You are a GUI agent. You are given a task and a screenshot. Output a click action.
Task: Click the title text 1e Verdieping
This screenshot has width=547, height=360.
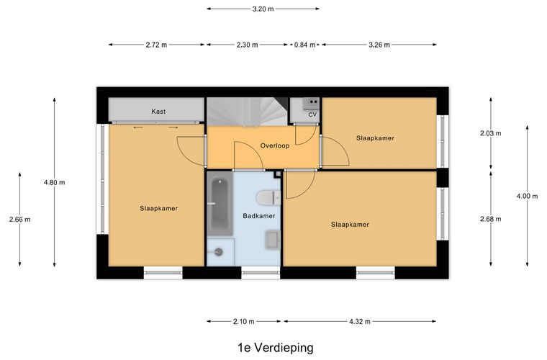coord(276,348)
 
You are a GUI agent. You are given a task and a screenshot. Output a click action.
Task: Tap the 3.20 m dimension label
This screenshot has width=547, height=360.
coord(263,9)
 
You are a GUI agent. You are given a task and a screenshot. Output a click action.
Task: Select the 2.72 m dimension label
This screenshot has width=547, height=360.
coord(156,45)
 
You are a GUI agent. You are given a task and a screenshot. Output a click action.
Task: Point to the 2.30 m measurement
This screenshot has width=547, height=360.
coord(248,45)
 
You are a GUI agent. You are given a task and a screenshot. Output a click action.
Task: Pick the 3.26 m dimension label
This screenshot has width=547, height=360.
coord(379,45)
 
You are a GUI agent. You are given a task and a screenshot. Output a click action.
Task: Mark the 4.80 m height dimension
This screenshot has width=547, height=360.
coord(54,182)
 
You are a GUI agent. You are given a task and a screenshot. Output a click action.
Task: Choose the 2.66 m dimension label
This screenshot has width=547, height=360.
coord(19,220)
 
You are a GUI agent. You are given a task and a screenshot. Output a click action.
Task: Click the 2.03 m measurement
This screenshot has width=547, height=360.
coord(491,133)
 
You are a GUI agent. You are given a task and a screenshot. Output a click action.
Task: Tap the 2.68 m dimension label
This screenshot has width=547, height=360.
coord(491,219)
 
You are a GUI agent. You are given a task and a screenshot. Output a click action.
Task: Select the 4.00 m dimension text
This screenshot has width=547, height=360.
coord(527,196)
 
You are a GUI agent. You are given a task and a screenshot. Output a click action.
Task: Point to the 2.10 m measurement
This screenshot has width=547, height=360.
coord(243,322)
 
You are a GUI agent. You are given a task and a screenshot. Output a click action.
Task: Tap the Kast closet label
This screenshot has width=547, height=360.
coord(158,112)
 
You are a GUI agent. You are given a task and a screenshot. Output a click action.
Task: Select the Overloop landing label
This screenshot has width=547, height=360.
coord(274,145)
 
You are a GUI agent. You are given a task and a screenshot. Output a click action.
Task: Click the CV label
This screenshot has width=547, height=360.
coord(312,114)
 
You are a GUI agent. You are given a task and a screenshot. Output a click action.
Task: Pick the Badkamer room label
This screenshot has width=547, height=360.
coord(258,215)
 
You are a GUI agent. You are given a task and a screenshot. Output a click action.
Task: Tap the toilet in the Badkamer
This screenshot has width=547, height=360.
coord(267,197)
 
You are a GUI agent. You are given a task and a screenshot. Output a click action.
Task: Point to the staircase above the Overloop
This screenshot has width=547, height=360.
coord(247,112)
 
